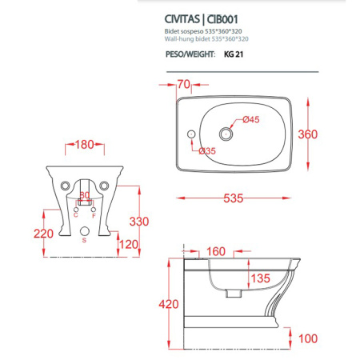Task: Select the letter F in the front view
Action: (94, 216)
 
